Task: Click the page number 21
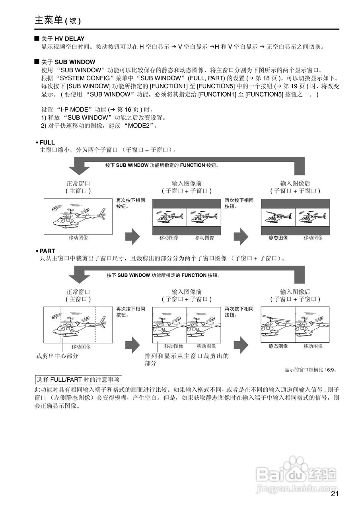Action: click(334, 495)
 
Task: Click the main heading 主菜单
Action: click(49, 20)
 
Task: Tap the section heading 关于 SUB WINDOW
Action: click(68, 62)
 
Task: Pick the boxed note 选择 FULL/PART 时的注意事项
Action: click(78, 379)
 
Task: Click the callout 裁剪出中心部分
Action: click(57, 356)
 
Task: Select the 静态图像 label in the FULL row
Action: click(278, 238)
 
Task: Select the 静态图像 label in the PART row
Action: click(278, 346)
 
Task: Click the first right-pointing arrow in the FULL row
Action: click(132, 237)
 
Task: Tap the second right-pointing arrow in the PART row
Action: click(241, 345)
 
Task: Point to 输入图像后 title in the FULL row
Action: click(295, 183)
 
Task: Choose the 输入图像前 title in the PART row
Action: click(187, 292)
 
